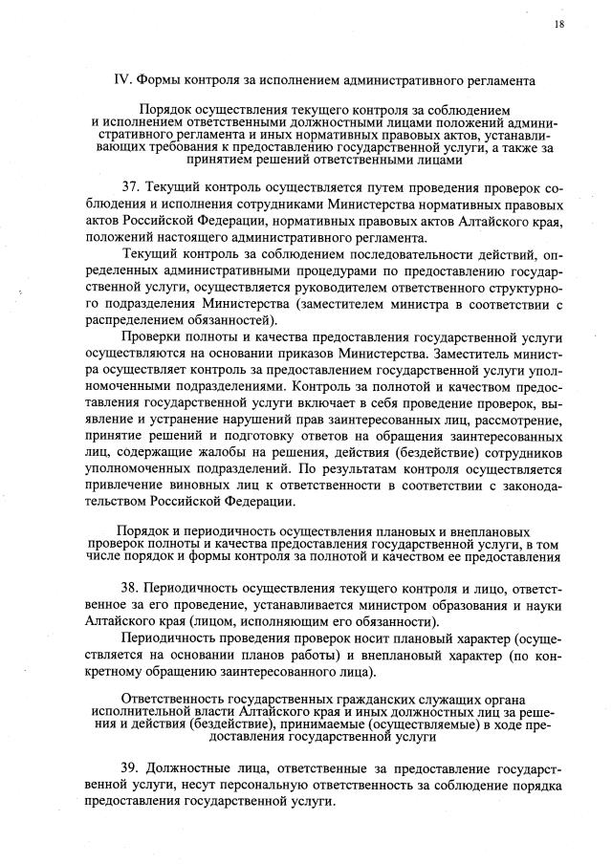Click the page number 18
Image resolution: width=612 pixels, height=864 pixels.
[558, 24]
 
